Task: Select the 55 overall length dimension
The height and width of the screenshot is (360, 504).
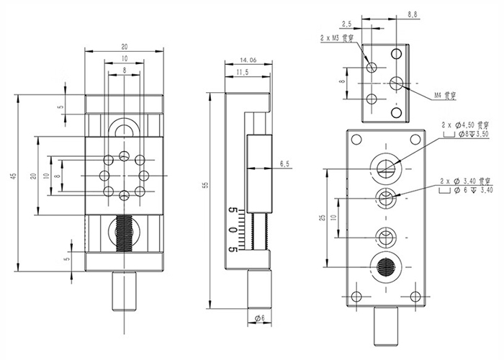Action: (x=205, y=186)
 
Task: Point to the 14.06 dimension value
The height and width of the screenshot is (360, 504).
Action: (x=248, y=60)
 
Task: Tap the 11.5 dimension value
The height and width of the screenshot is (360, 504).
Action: (x=243, y=73)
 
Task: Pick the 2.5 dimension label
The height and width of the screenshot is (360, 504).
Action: (x=366, y=24)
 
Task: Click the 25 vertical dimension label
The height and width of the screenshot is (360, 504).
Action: (x=322, y=216)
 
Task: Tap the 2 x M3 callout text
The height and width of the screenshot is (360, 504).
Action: (x=337, y=37)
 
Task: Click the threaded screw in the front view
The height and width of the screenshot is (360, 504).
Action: (x=125, y=234)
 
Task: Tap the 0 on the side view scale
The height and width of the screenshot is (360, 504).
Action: (x=232, y=230)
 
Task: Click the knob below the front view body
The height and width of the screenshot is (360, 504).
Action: (x=125, y=290)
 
